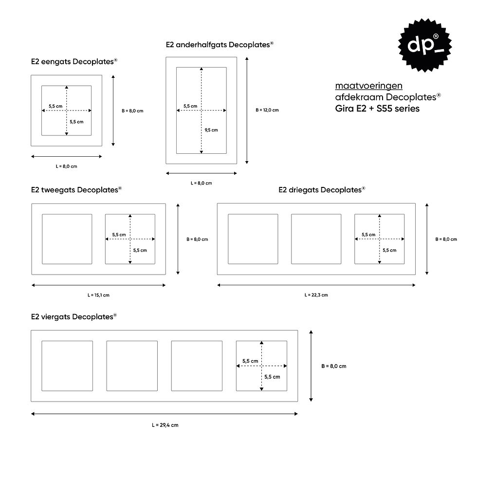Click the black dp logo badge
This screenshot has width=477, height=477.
point(424,45)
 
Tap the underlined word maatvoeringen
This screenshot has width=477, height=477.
point(369,86)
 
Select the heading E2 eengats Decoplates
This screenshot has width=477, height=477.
point(74,61)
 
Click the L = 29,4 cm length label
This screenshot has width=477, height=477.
point(165,425)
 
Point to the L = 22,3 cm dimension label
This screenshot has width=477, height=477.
point(316,295)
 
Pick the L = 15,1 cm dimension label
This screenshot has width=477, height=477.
point(98,295)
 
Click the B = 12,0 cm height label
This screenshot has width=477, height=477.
point(267,110)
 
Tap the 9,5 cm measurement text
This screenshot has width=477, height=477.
point(211,130)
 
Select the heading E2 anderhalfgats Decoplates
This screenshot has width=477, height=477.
point(220,45)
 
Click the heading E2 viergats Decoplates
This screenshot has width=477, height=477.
point(74,317)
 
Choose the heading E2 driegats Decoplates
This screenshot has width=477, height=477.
point(322,190)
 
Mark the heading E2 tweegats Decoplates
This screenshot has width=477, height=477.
point(76,190)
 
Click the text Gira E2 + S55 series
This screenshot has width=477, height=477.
point(377,109)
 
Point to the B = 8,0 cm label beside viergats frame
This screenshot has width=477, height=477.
point(334,366)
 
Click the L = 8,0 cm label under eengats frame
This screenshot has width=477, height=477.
point(66,166)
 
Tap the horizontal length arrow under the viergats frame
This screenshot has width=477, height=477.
point(165,414)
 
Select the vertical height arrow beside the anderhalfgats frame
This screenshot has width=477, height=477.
point(247,110)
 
